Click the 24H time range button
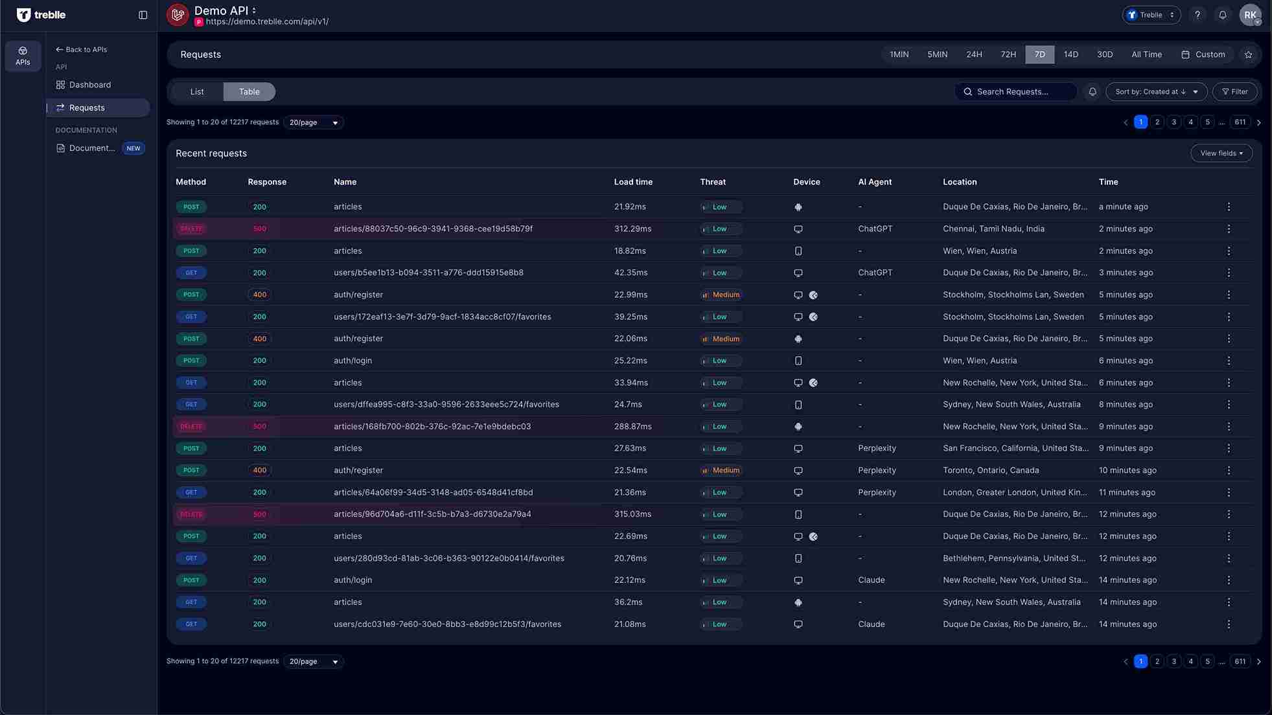[x=974, y=54]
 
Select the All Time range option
[x=1146, y=54]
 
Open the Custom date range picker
[x=1203, y=54]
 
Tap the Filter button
[x=1234, y=92]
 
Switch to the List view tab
[x=197, y=92]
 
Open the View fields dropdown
[x=1221, y=153]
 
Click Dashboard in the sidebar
[x=90, y=85]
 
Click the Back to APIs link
[x=82, y=49]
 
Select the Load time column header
[x=633, y=182]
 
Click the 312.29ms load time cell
[x=632, y=229]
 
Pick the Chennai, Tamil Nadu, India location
[x=993, y=229]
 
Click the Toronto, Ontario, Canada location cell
[x=991, y=470]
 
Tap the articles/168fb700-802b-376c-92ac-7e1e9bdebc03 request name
[x=432, y=426]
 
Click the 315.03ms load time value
[x=632, y=514]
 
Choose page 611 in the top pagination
[x=1240, y=122]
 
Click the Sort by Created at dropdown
[x=1156, y=92]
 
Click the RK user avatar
[x=1249, y=15]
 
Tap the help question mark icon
[x=1197, y=15]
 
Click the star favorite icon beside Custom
[x=1248, y=54]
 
